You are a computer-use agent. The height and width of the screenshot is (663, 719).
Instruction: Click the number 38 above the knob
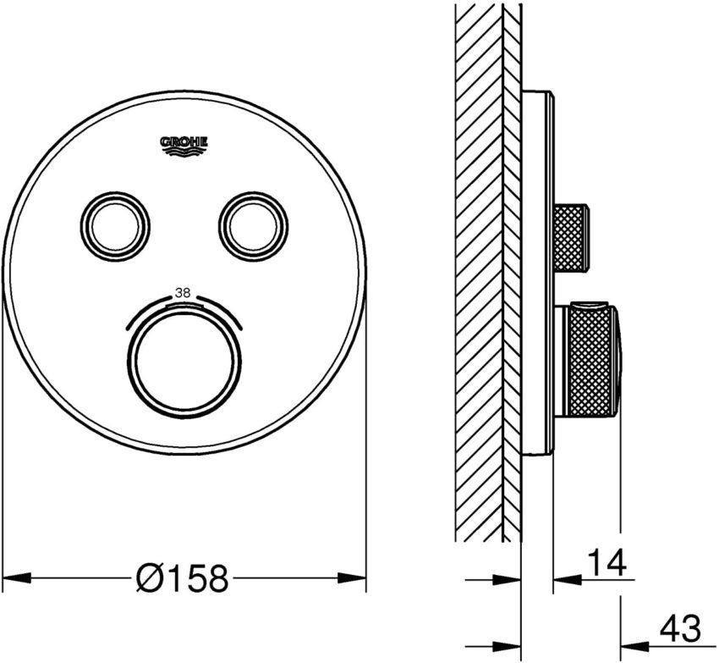point(184,293)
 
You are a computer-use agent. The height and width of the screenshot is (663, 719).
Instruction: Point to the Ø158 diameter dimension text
point(182,579)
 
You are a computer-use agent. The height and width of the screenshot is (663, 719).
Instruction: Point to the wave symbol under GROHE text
point(184,152)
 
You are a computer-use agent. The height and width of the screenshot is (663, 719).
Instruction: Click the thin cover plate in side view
point(538,271)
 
